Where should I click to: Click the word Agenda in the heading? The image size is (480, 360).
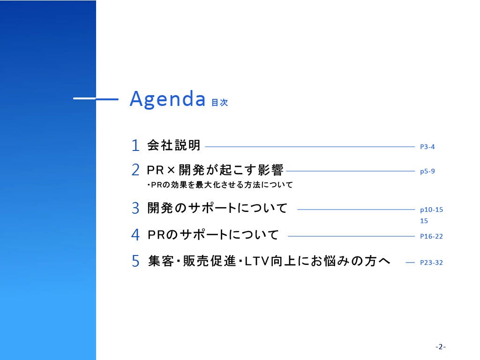pos(167,99)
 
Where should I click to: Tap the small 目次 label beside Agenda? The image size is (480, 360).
pos(220,103)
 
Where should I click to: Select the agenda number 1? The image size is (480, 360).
pos(135,145)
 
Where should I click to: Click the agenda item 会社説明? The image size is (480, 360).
pos(174,145)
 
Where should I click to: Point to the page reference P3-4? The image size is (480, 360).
pos(427,147)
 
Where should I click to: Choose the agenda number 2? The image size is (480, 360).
pos(135,170)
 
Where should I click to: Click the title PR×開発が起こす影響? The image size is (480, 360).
pos(215,170)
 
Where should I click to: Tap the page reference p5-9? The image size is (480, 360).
pos(427,172)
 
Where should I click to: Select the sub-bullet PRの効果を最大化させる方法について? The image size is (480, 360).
pos(220,185)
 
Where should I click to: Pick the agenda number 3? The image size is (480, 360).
pos(135,208)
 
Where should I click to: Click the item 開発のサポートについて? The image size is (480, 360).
pos(217,208)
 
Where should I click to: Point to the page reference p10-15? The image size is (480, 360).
pos(432,210)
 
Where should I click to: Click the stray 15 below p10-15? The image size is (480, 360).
pos(424,221)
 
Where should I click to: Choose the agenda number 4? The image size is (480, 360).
pos(135,235)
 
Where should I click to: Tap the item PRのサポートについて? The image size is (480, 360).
pos(213,235)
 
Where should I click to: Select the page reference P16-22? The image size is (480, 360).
pos(431,236)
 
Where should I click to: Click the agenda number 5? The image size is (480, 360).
pos(135,261)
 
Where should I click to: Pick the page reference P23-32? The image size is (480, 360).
pos(431,262)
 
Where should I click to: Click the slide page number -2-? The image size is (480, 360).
pos(441,347)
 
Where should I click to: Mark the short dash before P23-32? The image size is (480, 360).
pos(410,262)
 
